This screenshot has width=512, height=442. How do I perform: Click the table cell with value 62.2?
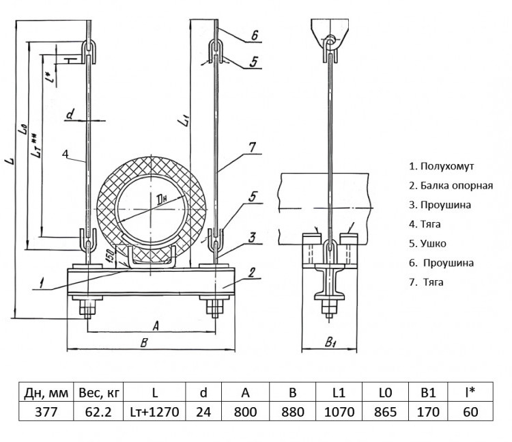click(98, 412)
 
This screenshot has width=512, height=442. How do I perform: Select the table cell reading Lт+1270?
click(154, 412)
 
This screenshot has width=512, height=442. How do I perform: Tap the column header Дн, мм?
click(46, 392)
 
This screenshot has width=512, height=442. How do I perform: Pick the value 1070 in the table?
click(339, 412)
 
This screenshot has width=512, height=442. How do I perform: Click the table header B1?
click(428, 392)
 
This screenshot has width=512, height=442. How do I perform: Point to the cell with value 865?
click(385, 412)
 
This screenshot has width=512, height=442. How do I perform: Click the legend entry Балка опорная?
click(451, 186)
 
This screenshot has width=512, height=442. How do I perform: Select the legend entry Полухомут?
click(442, 166)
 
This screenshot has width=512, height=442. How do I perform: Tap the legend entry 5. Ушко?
click(427, 243)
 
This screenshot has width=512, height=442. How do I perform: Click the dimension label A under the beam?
click(156, 325)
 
